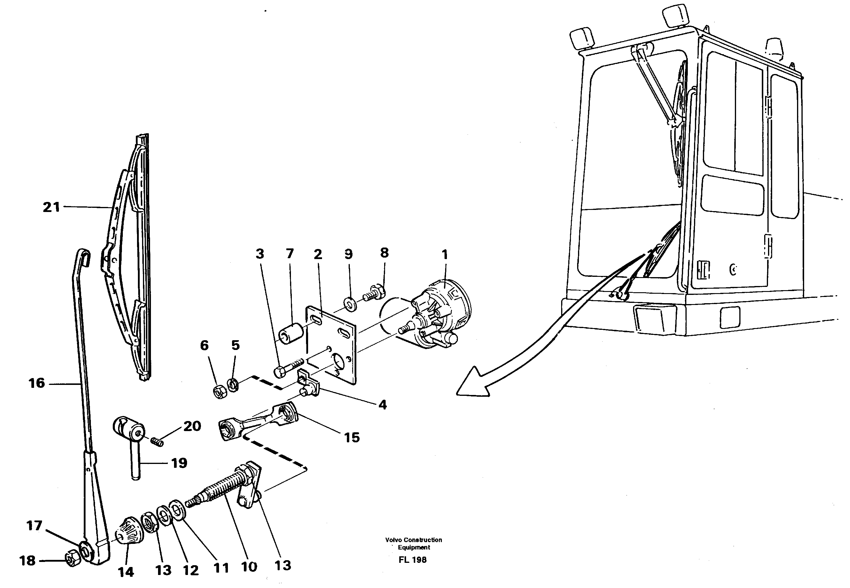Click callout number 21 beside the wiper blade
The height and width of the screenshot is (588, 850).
(51, 208)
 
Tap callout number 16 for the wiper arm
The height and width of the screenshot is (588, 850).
(37, 383)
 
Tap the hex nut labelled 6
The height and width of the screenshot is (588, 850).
(220, 393)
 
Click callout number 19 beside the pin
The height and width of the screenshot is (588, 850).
(179, 463)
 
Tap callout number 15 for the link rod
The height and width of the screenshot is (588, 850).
(352, 438)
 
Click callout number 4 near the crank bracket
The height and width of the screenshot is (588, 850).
(383, 405)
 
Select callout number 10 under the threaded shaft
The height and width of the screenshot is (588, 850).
(249, 567)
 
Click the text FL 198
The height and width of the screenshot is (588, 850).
(413, 560)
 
